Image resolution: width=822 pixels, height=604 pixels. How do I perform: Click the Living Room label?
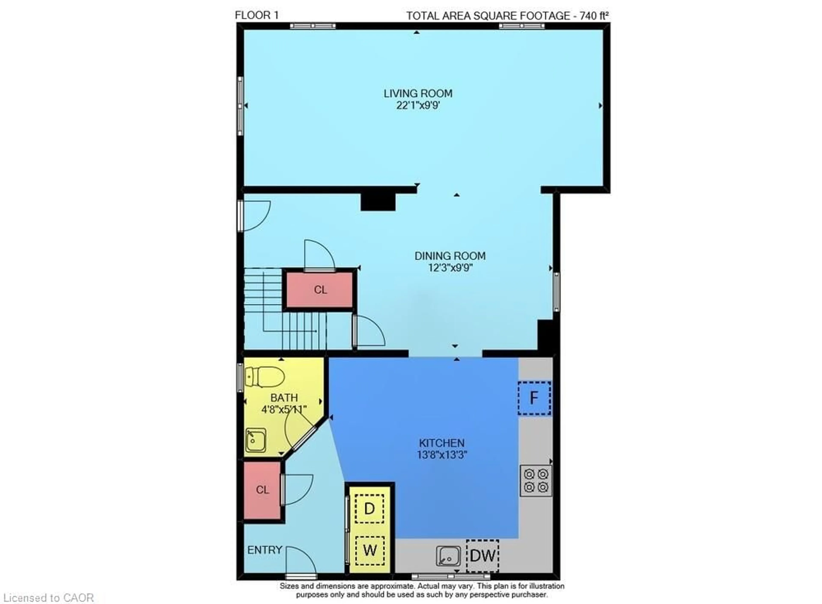(418, 94)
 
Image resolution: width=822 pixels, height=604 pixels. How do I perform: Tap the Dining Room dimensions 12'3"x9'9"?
(450, 268)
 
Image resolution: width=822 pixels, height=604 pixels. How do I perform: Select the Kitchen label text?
(442, 443)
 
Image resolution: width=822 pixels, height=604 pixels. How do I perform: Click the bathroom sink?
(255, 440)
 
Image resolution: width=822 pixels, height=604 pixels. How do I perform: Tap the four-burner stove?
(536, 481)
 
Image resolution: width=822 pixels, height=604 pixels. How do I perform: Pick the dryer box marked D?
(369, 509)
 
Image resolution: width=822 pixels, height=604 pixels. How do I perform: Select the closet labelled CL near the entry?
(262, 489)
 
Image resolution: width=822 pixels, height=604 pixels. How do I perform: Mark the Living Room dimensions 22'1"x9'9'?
(418, 106)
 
